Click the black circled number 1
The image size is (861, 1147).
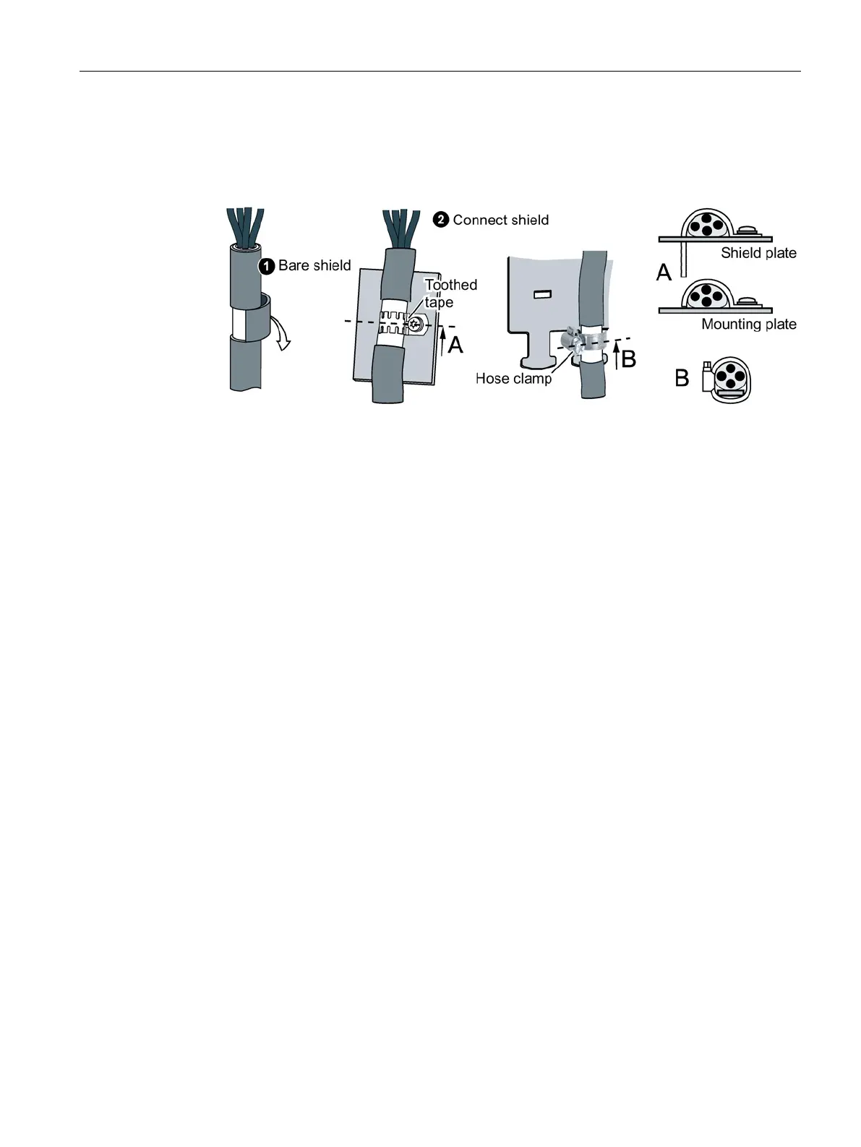[267, 266]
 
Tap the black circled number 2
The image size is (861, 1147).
[441, 220]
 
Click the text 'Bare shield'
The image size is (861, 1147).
[314, 265]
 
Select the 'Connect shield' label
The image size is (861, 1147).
[500, 220]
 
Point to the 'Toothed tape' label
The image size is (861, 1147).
[450, 293]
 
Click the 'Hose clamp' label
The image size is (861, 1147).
[513, 378]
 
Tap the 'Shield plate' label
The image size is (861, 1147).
[758, 253]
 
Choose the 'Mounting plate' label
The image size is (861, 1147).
[748, 324]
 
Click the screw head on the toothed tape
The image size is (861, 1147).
[416, 325]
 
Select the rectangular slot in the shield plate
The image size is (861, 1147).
[543, 294]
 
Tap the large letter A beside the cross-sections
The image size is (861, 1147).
[664, 272]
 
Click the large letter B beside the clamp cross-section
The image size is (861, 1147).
[681, 377]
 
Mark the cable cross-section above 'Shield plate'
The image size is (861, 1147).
[701, 225]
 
